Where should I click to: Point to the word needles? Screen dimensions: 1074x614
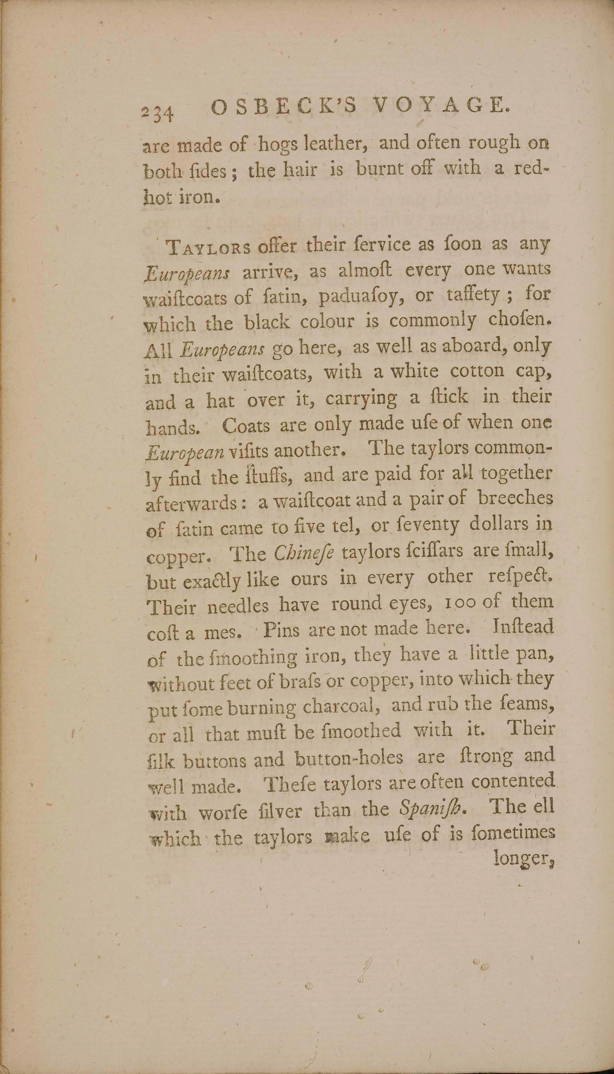238,606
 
